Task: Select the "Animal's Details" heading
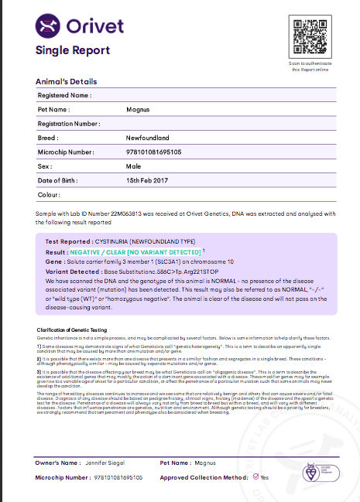(67, 81)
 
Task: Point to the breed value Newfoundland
(149, 138)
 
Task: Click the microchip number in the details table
(153, 152)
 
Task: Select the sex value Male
(133, 166)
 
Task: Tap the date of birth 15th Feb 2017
(147, 180)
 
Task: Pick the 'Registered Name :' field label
(65, 95)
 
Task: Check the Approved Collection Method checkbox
(255, 477)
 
